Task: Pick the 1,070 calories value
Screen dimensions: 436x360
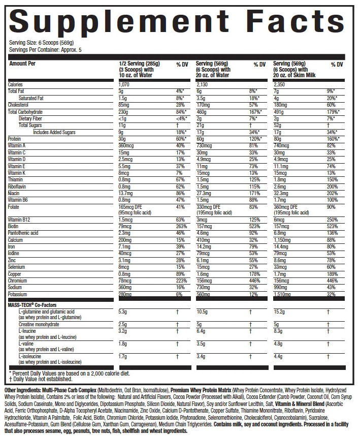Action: (125, 84)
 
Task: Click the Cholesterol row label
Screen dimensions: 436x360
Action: (19, 105)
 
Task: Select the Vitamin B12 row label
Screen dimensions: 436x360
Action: (20, 219)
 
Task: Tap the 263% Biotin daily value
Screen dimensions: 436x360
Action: (180, 226)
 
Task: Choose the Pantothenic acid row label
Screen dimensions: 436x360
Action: (24, 233)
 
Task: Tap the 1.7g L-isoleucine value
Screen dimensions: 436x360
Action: (122, 356)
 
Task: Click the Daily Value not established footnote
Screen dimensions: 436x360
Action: (38, 379)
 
